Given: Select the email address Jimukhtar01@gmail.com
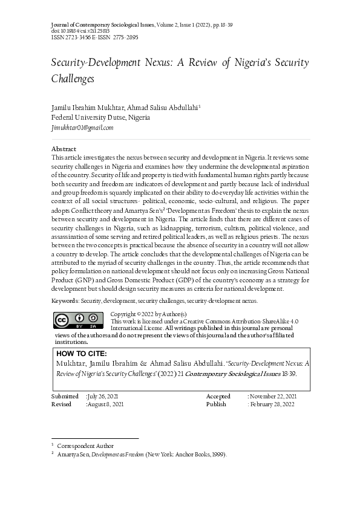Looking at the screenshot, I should [x=83, y=128].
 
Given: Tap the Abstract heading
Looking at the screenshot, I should [x=64, y=149].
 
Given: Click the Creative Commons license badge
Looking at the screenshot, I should [x=78, y=320].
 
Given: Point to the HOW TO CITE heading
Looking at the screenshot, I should [x=81, y=354].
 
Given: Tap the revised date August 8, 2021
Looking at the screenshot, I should [x=105, y=404].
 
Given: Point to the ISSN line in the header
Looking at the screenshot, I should [x=94, y=37].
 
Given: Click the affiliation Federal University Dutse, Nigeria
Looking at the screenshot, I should [x=100, y=117].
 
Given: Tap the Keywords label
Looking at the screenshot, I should [x=65, y=300].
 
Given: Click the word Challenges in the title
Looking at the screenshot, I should [x=73, y=79].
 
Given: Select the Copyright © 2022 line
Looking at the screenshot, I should [x=149, y=314].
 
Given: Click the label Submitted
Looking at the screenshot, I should [x=65, y=396].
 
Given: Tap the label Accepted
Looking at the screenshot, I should [x=218, y=396].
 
